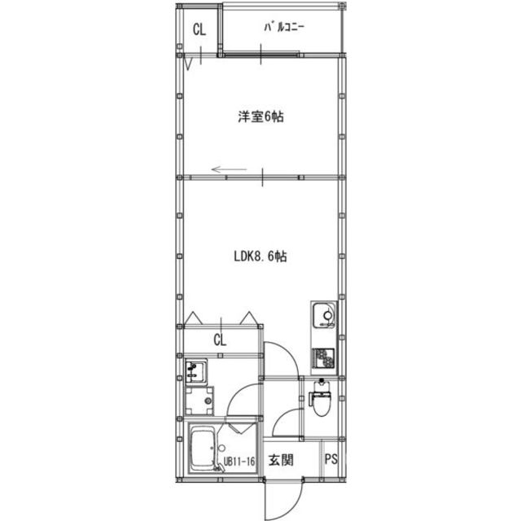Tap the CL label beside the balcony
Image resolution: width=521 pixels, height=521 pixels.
pos(199,31)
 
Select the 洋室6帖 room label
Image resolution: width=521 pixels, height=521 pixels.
pos(260,117)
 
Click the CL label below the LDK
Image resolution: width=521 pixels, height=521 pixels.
pos(220,339)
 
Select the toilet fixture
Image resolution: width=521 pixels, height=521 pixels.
pos(322,399)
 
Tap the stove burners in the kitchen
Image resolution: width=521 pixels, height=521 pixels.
pos(323,357)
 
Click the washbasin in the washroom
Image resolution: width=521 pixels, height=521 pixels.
pos(195,372)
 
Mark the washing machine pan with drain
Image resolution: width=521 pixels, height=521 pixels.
pos(198,401)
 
